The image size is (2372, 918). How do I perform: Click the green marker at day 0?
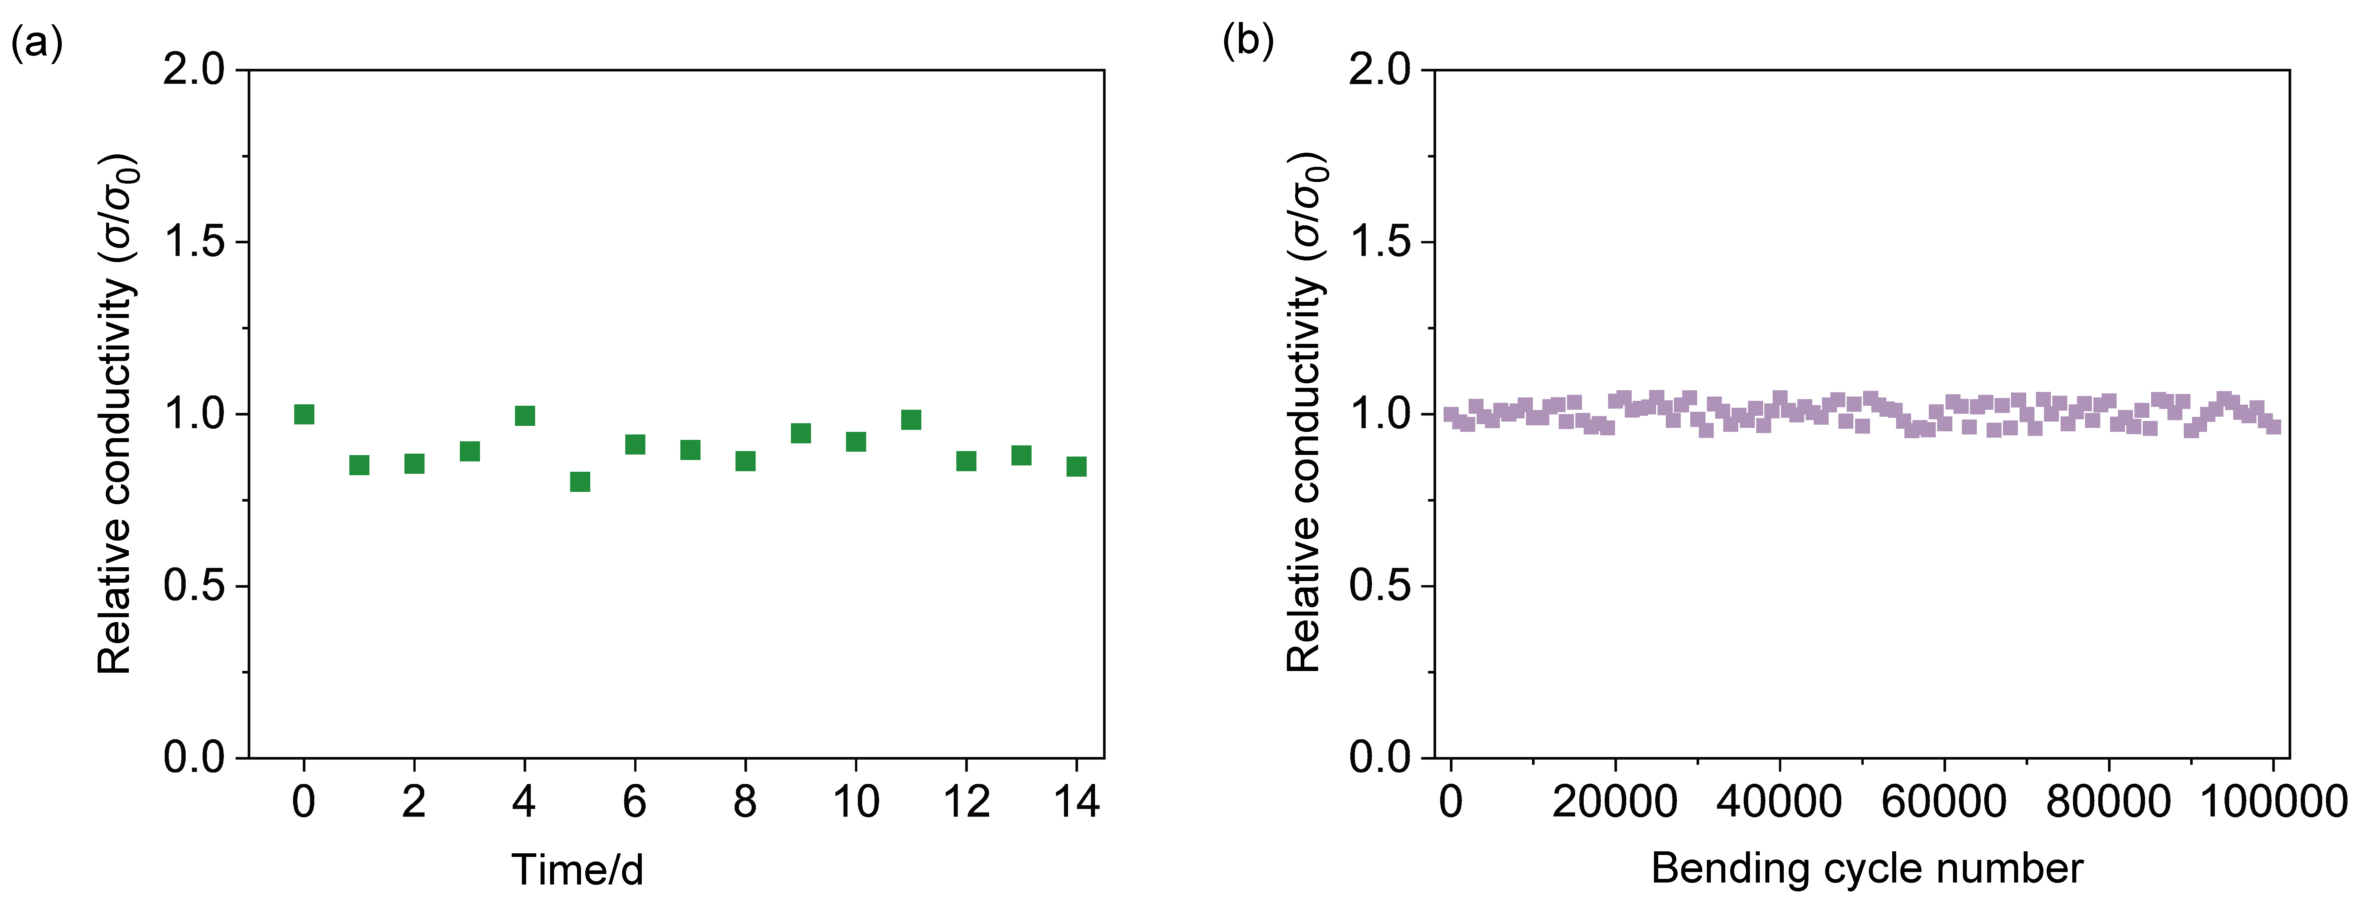tap(304, 414)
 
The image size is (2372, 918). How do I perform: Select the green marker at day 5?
tap(579, 481)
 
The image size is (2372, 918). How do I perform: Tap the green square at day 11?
tap(911, 420)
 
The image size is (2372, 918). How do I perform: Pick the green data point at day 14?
tap(1077, 467)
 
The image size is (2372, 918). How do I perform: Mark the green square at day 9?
tap(800, 433)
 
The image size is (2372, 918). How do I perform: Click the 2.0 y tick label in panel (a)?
tap(194, 70)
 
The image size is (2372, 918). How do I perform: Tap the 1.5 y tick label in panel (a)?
tap(194, 242)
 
